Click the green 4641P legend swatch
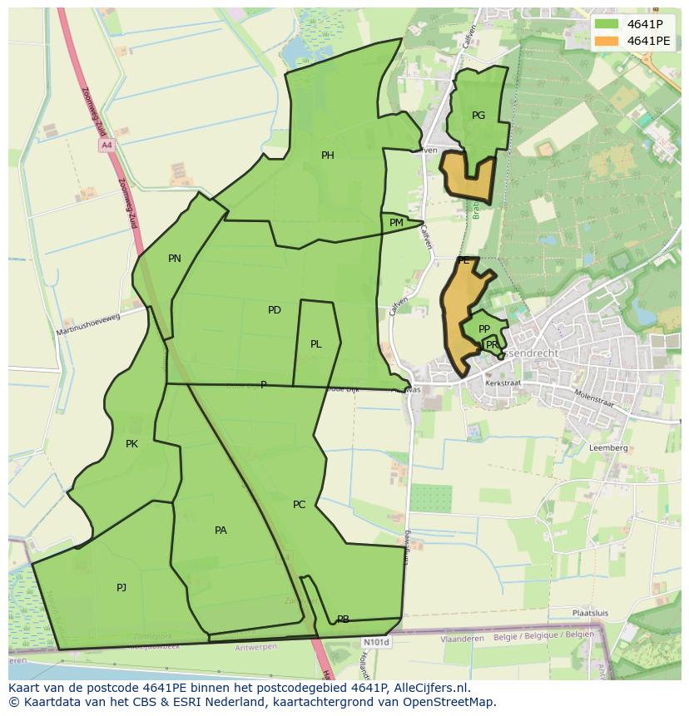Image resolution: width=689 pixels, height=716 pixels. pyautogui.click(x=607, y=24)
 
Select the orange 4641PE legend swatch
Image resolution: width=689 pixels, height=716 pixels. pyautogui.click(x=607, y=41)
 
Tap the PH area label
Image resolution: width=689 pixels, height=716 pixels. pyautogui.click(x=328, y=156)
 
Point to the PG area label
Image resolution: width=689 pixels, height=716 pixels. pyautogui.click(x=478, y=116)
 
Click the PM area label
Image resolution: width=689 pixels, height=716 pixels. pyautogui.click(x=396, y=223)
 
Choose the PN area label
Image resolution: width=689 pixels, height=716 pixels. pyautogui.click(x=175, y=259)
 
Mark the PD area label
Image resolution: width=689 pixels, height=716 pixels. pyautogui.click(x=275, y=310)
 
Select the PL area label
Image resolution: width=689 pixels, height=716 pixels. pyautogui.click(x=316, y=344)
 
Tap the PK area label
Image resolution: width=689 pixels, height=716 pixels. pyautogui.click(x=131, y=444)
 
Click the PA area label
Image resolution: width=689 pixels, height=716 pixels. pyautogui.click(x=221, y=531)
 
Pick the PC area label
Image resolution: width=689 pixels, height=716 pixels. pyautogui.click(x=300, y=505)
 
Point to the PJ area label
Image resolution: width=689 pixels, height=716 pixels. pyautogui.click(x=121, y=588)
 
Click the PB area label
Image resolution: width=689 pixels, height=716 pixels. pyautogui.click(x=343, y=620)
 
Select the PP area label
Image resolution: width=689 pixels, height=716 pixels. pyautogui.click(x=484, y=329)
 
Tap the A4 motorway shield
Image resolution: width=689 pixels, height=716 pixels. pyautogui.click(x=106, y=146)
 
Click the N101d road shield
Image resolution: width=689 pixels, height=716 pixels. pyautogui.click(x=375, y=643)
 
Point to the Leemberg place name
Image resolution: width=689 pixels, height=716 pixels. pyautogui.click(x=608, y=447)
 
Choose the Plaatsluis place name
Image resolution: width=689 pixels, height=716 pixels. pyautogui.click(x=590, y=613)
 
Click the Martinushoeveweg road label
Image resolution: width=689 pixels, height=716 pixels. pyautogui.click(x=88, y=324)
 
